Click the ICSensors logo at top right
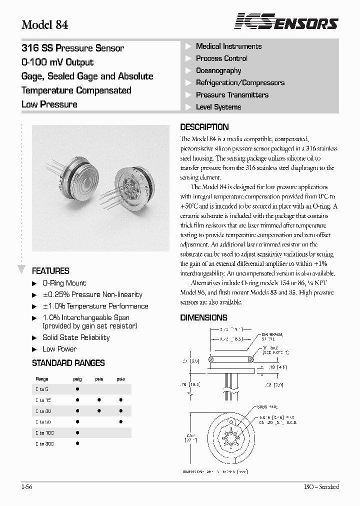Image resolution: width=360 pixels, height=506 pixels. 287,22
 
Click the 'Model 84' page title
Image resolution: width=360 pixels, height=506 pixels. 45,25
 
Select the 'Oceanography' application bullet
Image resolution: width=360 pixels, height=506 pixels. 218,70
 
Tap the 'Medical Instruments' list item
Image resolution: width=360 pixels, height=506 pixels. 228,46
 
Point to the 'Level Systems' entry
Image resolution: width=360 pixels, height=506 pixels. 218,107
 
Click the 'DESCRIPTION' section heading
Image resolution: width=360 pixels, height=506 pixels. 204,127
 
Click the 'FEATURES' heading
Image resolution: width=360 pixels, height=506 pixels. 50,271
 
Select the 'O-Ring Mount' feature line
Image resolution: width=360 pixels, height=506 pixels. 64,283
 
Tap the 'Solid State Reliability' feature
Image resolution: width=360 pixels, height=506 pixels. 76,337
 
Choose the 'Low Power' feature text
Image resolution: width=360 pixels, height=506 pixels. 59,349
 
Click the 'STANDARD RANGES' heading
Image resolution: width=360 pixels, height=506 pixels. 68,363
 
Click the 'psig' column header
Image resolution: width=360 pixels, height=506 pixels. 77,379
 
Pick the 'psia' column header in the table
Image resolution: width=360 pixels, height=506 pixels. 120,379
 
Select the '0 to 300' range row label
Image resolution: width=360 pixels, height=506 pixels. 44,443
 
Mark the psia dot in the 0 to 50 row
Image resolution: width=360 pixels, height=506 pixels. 120,422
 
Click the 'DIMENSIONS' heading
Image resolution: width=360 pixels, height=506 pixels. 203,317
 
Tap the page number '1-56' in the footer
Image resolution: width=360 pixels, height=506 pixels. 27,487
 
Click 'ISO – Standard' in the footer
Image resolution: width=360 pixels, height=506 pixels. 321,487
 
